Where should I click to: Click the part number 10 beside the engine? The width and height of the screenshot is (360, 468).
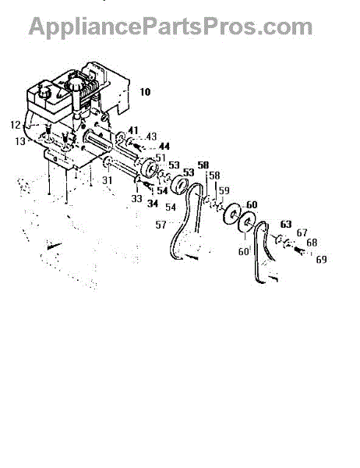coord(145,91)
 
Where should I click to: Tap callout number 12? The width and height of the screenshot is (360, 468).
coord(16,125)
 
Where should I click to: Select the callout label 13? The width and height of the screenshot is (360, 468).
coord(20,141)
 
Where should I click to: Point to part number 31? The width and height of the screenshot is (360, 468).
coord(107,180)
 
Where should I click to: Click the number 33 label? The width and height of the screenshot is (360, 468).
coord(136,198)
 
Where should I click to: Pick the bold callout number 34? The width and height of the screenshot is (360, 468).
coord(153,204)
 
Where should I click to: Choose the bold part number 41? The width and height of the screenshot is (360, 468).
coord(133,130)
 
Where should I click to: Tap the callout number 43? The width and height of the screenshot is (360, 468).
coord(151,136)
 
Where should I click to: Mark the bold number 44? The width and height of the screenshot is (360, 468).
coord(164,147)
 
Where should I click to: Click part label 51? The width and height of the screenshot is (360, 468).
coord(161,158)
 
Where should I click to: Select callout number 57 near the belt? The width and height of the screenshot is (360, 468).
coord(161,225)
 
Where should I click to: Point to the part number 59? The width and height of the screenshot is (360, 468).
coord(224,190)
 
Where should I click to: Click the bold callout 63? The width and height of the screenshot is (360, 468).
coord(286,224)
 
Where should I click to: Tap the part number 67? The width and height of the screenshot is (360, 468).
coord(302,232)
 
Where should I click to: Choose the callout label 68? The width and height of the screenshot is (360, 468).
coord(312,243)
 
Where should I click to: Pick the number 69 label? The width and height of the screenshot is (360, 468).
coord(321,260)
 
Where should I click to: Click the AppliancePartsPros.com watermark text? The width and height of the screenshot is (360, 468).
coord(171,27)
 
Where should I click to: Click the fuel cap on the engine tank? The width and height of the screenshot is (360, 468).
coord(44,90)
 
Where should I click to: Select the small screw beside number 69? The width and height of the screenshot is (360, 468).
coord(299,250)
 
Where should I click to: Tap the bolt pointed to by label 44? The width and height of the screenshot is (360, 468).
coord(138,147)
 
